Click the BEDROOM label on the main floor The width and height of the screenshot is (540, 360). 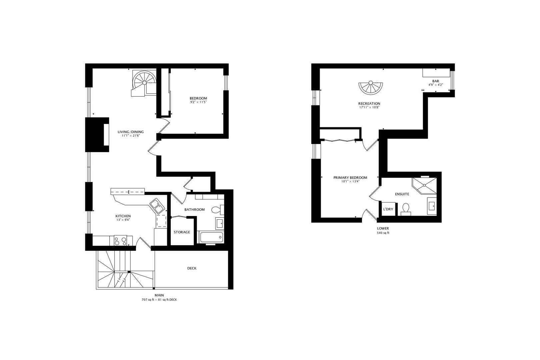pos(198,98)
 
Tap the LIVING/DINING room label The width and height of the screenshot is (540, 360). pos(131,132)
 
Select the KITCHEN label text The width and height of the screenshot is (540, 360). pos(123,216)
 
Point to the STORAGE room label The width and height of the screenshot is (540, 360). pos(182,232)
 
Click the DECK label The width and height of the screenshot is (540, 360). pos(192,268)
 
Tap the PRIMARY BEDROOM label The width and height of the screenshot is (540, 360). pos(350,178)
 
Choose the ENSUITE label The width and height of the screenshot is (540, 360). pos(402,194)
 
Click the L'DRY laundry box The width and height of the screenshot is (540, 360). pos(388,209)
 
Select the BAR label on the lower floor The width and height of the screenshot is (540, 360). pos(435,81)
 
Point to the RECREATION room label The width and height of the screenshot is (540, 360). pos(369,104)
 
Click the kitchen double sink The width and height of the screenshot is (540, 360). pos(157,206)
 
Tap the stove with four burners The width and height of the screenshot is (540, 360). pos(120,240)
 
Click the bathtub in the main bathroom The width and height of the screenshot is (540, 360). pos(211,237)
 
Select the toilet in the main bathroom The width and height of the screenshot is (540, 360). pos(216,210)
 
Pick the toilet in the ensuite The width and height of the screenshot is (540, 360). pos(406,208)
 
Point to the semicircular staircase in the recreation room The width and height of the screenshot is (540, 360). pos(370,88)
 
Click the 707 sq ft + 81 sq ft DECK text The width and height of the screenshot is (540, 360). pos(159,300)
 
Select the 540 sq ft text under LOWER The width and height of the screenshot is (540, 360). pos(383,233)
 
